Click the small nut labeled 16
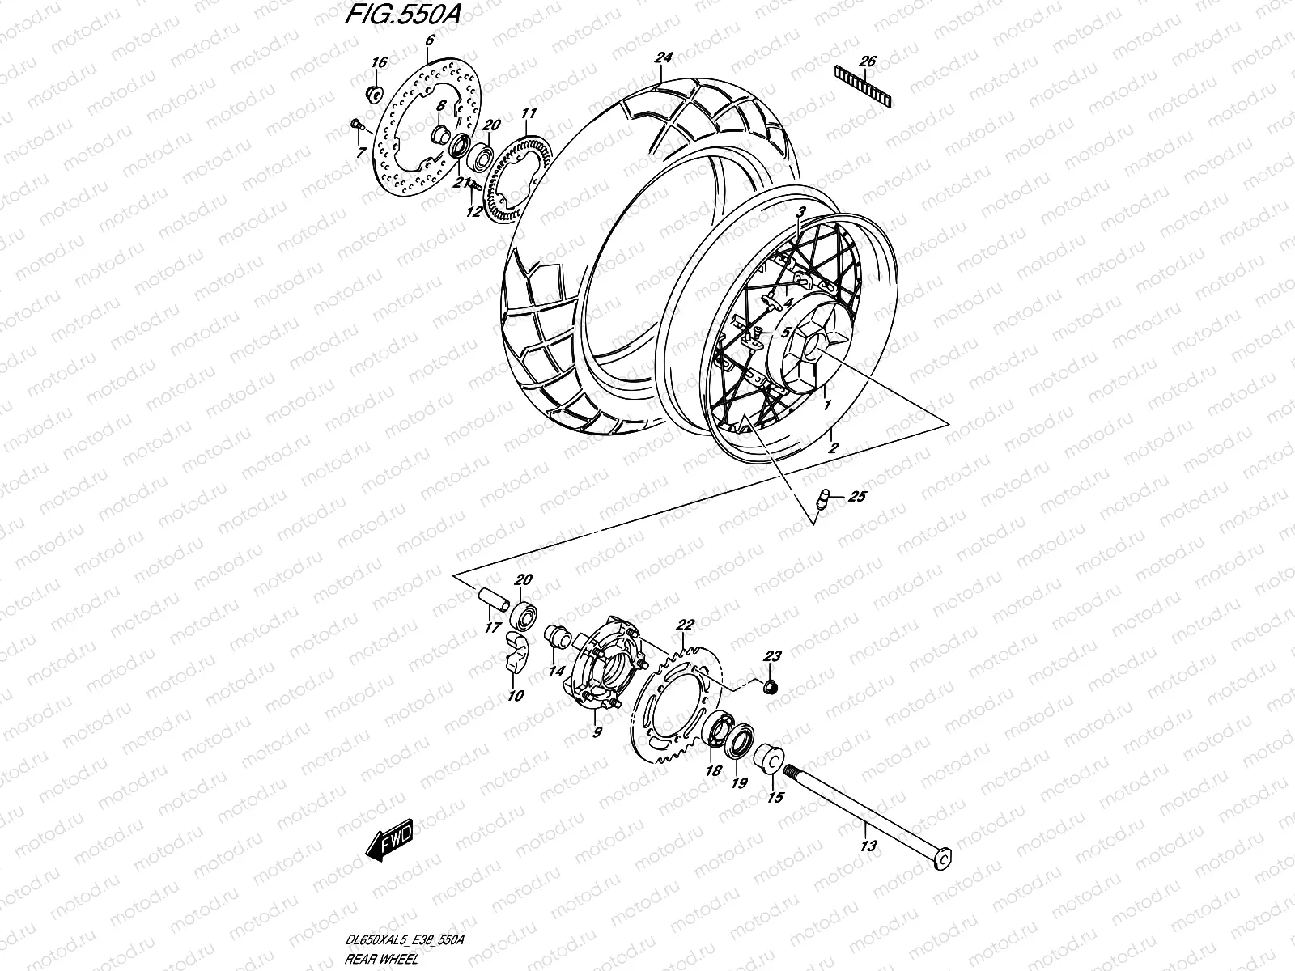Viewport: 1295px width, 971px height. pyautogui.click(x=375, y=94)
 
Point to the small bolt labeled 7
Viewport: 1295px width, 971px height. pyautogui.click(x=355, y=124)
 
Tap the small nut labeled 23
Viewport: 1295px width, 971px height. pyautogui.click(x=771, y=687)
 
